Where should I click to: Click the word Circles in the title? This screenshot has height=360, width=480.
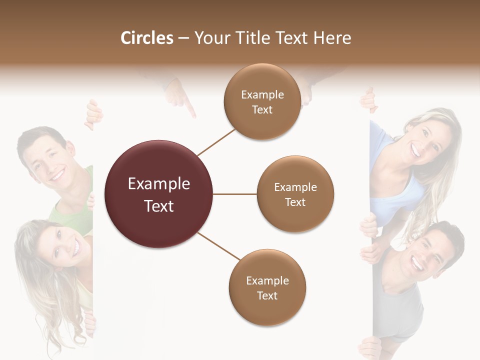point(147,38)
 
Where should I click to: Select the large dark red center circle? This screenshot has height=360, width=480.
point(159,194)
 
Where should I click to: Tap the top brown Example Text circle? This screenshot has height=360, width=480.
point(262,101)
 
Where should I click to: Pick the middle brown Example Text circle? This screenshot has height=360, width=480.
point(295,194)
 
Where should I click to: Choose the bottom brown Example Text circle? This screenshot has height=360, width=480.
point(267,287)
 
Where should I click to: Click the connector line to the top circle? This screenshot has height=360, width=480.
point(216,142)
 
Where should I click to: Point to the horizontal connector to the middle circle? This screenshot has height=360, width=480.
point(235,194)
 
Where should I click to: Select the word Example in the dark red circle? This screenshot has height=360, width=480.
point(159,184)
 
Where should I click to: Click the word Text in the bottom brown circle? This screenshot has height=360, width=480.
point(267,295)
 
